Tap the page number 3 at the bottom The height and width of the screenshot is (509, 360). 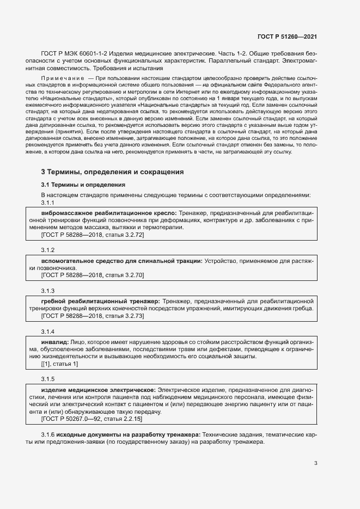click(316, 464)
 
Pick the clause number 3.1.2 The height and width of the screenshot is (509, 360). click(48, 250)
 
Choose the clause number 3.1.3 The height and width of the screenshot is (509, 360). click(48, 290)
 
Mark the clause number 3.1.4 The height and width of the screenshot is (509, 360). click(48, 331)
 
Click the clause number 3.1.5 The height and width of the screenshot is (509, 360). click(48, 378)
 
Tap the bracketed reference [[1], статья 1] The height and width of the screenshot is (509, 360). click(60, 364)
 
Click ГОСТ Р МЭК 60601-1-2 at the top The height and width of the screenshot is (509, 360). click(73, 55)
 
